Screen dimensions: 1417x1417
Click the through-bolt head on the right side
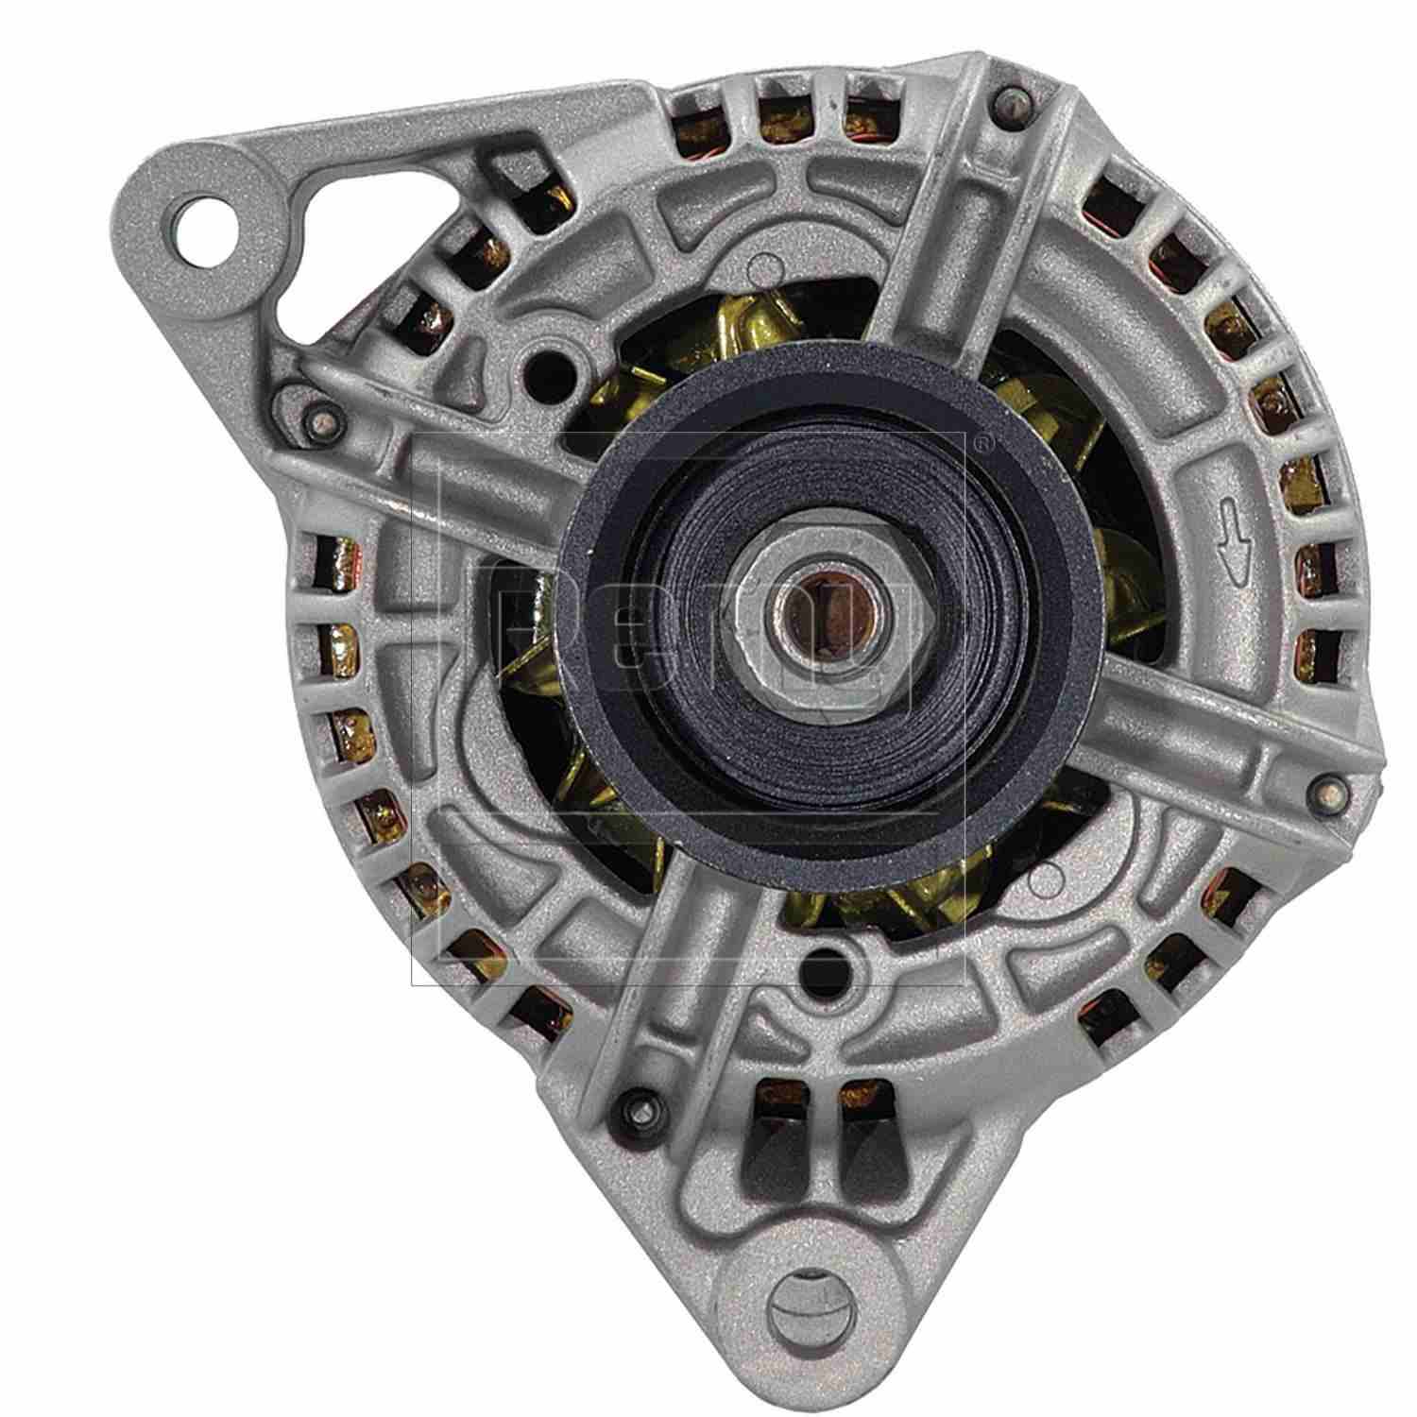coord(1328,786)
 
